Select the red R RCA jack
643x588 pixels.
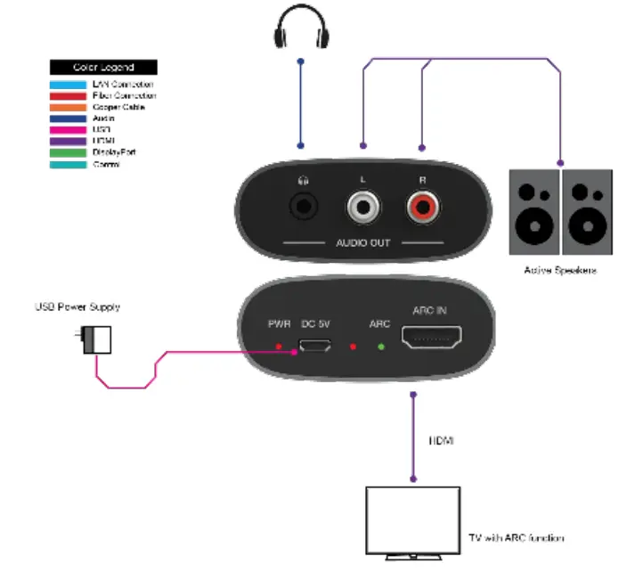click(x=423, y=209)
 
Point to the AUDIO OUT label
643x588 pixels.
click(x=362, y=243)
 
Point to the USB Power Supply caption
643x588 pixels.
click(x=77, y=307)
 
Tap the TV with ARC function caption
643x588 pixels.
click(x=516, y=538)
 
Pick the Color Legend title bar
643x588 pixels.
click(x=103, y=67)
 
